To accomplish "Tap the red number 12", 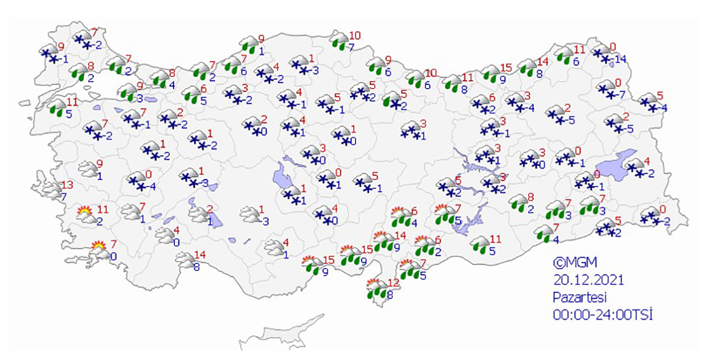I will (393, 283).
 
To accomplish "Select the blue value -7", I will (625, 95).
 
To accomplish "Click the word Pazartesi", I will (578, 297).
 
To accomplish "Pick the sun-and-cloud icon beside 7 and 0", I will (100, 250).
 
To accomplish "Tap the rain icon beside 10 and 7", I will (339, 40).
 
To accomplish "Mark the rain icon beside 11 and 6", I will (564, 55).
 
